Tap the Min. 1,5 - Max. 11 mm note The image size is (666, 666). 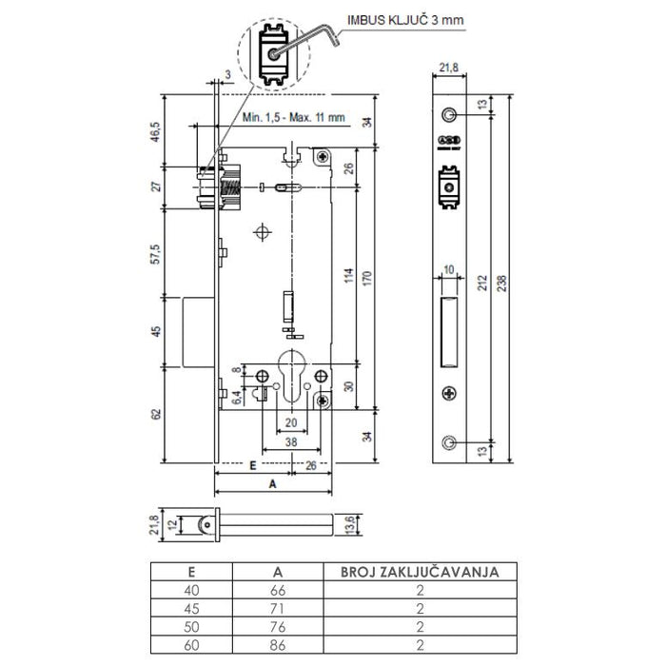coord(293,118)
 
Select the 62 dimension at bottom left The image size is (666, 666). coord(155,415)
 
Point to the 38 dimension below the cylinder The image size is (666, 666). coord(291,441)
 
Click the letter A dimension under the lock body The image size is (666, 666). coord(274,483)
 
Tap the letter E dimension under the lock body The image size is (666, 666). coord(251,466)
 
